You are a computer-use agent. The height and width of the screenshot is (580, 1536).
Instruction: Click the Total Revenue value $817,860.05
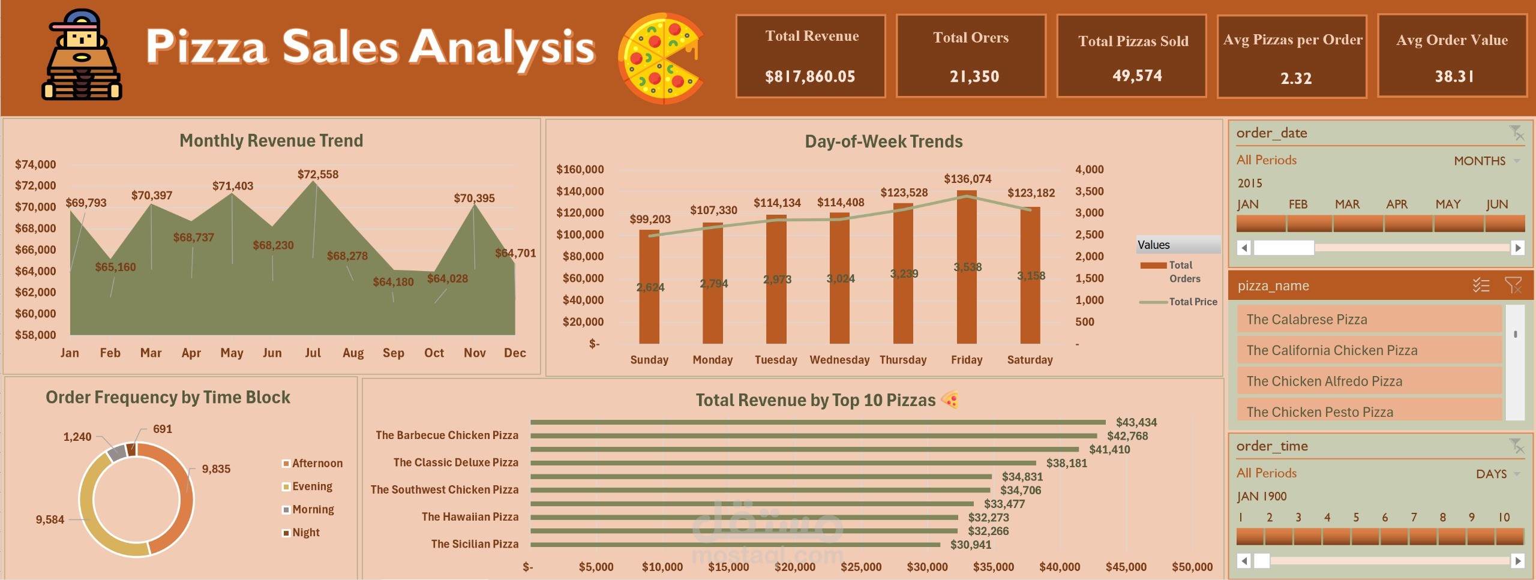(810, 76)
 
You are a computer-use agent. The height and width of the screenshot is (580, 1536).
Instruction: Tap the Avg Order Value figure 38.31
(1454, 76)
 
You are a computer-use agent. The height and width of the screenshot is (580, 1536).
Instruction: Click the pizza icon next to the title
(661, 58)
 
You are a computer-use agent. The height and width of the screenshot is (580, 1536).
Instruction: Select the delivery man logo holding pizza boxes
(82, 55)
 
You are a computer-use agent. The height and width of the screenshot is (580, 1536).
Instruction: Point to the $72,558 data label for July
(318, 175)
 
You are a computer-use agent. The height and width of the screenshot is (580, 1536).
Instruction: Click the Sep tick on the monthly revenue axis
(393, 353)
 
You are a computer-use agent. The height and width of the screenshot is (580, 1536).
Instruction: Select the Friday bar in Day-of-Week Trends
(967, 267)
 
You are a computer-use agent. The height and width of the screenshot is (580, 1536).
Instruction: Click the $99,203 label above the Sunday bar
(650, 219)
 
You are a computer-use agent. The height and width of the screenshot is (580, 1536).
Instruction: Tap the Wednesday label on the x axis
(839, 360)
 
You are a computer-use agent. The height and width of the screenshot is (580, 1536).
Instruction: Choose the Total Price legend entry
(1192, 302)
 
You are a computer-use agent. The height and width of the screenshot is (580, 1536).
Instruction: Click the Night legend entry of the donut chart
(305, 533)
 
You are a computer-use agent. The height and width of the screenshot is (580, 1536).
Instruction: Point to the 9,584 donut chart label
(50, 519)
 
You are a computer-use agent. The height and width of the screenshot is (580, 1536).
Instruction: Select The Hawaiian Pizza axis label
(470, 516)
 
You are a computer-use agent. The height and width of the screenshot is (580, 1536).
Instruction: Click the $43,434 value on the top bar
(1136, 422)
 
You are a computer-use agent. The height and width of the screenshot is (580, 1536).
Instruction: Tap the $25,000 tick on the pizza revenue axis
(861, 567)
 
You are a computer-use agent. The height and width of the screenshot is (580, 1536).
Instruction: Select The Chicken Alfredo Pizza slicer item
(1324, 381)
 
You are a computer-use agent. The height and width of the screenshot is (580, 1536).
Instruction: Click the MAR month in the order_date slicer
(1348, 204)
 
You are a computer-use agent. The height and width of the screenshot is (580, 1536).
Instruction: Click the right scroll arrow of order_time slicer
(1517, 561)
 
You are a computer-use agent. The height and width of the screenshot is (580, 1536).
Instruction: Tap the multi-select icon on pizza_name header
(1481, 286)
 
